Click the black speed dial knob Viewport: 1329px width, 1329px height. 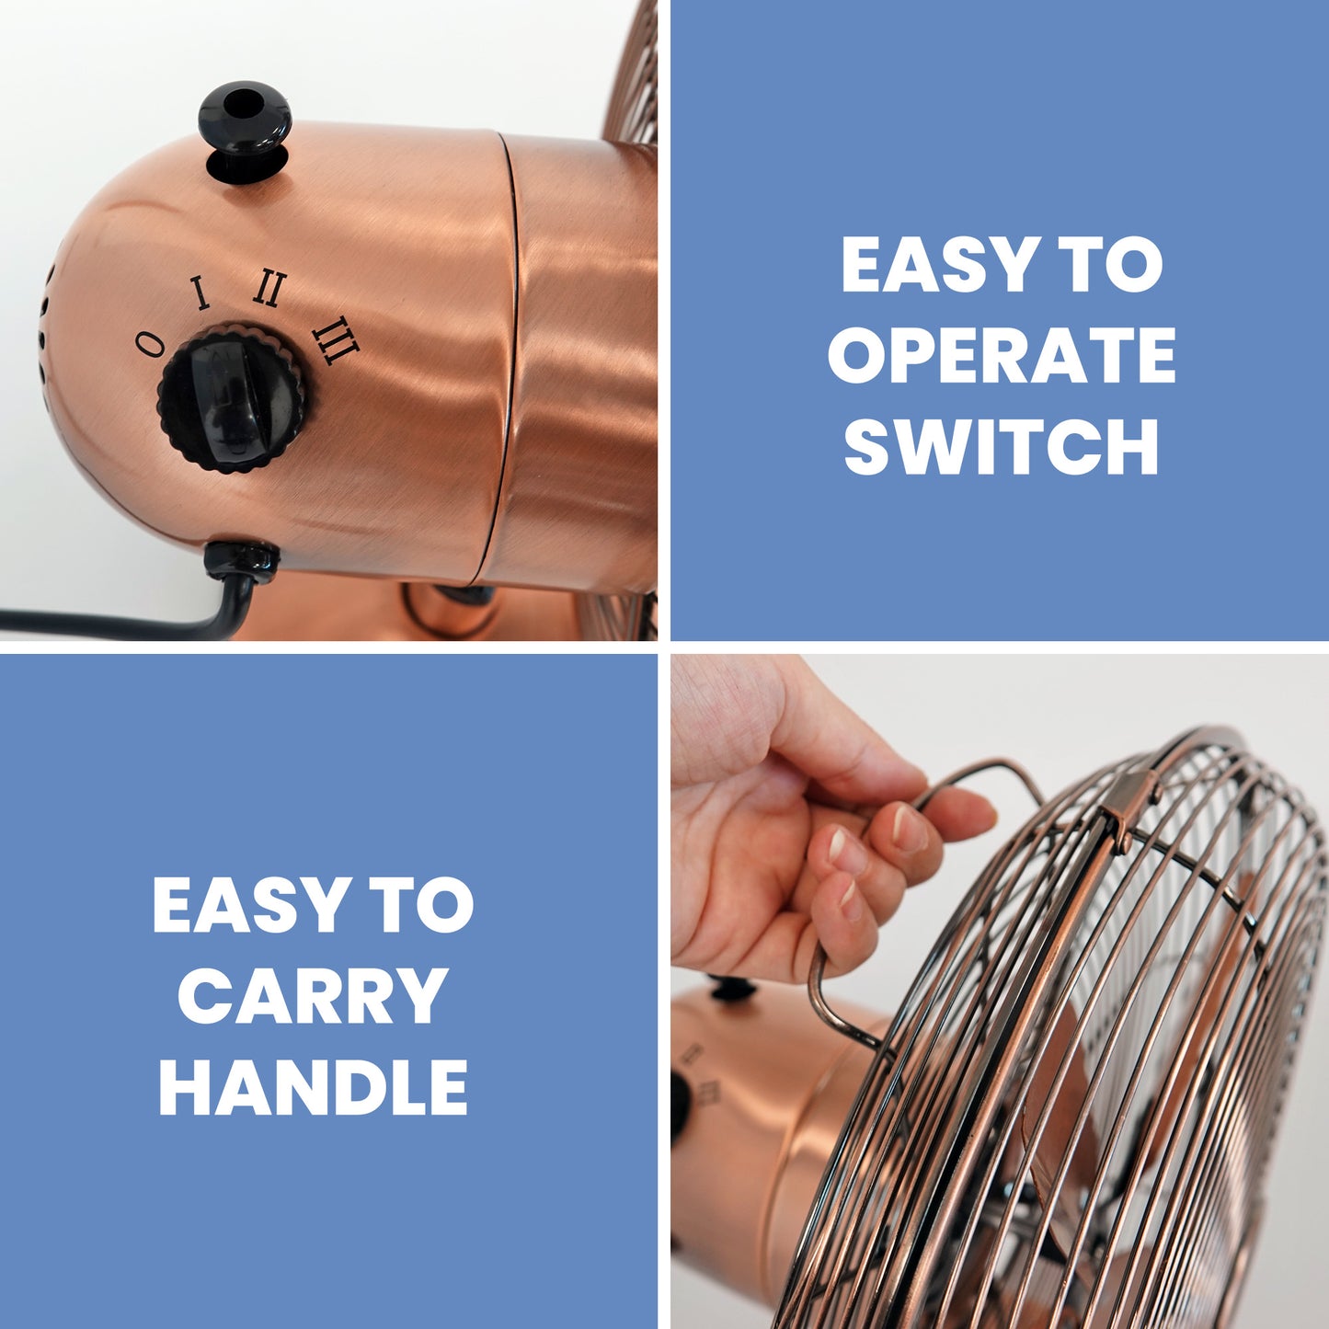click(x=233, y=398)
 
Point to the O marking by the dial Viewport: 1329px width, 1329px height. click(x=150, y=342)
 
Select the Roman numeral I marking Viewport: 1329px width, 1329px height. click(x=200, y=292)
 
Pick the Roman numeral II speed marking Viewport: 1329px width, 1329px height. click(x=269, y=289)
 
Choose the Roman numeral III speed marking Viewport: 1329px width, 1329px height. click(x=336, y=340)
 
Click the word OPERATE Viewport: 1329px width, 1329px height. click(x=1002, y=354)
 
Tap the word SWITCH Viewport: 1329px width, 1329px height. click(x=1002, y=445)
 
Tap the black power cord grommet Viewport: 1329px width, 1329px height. click(x=243, y=561)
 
